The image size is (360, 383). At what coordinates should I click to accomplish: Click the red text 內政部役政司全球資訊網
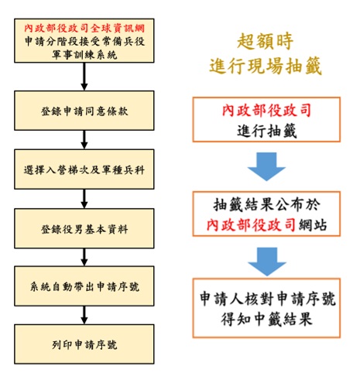[84, 28]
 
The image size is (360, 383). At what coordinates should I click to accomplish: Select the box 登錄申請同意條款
[84, 111]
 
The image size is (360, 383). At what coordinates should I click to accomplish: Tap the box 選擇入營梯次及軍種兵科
[84, 169]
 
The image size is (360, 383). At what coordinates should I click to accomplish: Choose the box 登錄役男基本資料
[84, 228]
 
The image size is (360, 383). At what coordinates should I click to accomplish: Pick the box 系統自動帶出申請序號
[84, 286]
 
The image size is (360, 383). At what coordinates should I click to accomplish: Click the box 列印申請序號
[84, 344]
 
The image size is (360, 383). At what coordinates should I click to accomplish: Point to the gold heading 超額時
[266, 41]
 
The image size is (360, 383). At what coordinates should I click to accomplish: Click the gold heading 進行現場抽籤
[266, 66]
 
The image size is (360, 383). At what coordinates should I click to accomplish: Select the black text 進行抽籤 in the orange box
[267, 131]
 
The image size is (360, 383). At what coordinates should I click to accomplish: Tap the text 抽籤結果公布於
[266, 205]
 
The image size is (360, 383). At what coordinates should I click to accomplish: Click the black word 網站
[313, 224]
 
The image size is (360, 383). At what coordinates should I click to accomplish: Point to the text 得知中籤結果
[266, 319]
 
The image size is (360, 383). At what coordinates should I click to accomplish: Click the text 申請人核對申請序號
[267, 299]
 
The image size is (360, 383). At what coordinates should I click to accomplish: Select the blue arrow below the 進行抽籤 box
[266, 166]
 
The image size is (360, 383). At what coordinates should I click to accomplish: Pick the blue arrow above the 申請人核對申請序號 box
[267, 262]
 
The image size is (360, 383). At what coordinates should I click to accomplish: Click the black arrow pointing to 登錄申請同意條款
[84, 77]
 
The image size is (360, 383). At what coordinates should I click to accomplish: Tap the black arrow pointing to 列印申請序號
[84, 315]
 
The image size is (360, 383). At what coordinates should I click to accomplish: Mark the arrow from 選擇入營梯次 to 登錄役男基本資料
[84, 199]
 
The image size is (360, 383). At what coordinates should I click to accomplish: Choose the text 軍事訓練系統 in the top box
[84, 55]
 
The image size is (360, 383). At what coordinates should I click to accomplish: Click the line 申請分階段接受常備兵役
[84, 41]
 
